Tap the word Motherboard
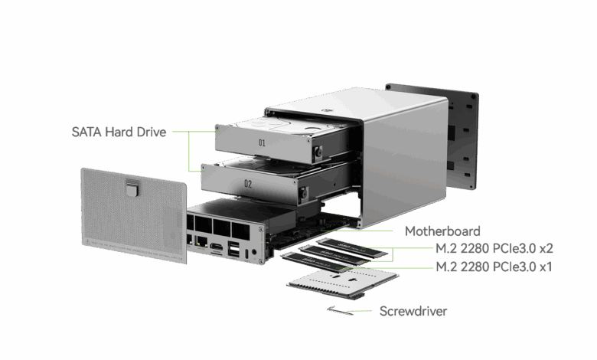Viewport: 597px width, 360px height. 442,231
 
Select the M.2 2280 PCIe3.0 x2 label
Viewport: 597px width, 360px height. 494,249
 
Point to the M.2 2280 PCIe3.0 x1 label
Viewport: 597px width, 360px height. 494,267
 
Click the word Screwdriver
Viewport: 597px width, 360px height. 413,312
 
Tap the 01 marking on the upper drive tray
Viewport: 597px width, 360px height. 262,142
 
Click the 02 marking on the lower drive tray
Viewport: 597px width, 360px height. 248,184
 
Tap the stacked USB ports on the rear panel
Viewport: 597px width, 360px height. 233,249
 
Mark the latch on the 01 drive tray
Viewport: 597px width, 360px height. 315,153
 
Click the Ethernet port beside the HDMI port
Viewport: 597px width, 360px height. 200,242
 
